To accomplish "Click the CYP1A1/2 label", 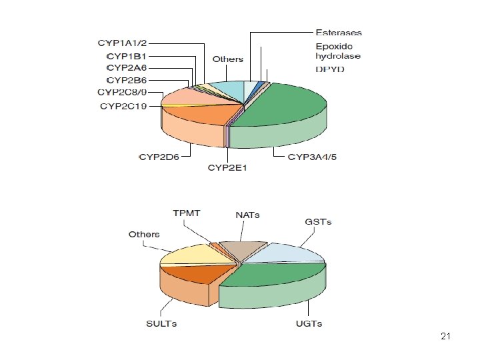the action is point(122,43).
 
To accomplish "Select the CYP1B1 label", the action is point(127,56).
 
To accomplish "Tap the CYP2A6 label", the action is point(127,67).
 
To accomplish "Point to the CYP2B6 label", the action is point(127,80).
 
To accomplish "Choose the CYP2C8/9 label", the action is point(122,92).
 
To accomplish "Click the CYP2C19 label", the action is point(123,106).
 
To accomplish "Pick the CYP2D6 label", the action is point(159,157).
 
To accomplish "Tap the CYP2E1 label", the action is point(227,168).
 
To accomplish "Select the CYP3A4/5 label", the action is point(312,157).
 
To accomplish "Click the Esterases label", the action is point(339,33).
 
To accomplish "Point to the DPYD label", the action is point(330,69).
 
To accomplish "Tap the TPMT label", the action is point(187,213).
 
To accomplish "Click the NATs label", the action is point(247,215).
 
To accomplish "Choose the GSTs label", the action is point(318,221).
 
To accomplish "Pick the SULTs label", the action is point(161,323).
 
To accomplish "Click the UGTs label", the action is point(309,323).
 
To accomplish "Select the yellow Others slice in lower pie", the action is point(196,255).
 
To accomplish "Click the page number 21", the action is point(446,336).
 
